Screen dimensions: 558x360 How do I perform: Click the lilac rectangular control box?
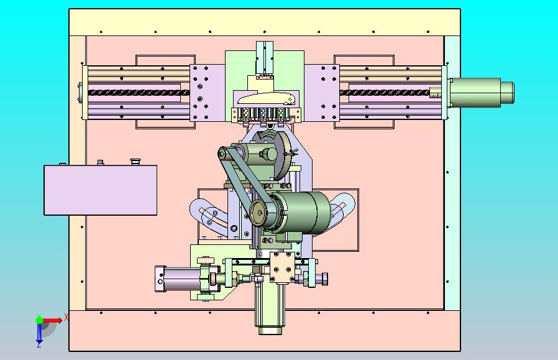[x=101, y=190]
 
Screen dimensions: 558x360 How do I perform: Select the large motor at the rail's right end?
[x=480, y=93]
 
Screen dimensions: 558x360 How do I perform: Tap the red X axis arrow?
[x=52, y=320]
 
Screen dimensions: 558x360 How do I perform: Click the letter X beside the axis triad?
[x=66, y=316]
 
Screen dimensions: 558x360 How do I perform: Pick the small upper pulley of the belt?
[x=222, y=154]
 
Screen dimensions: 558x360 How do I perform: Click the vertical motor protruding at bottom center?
[x=270, y=308]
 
